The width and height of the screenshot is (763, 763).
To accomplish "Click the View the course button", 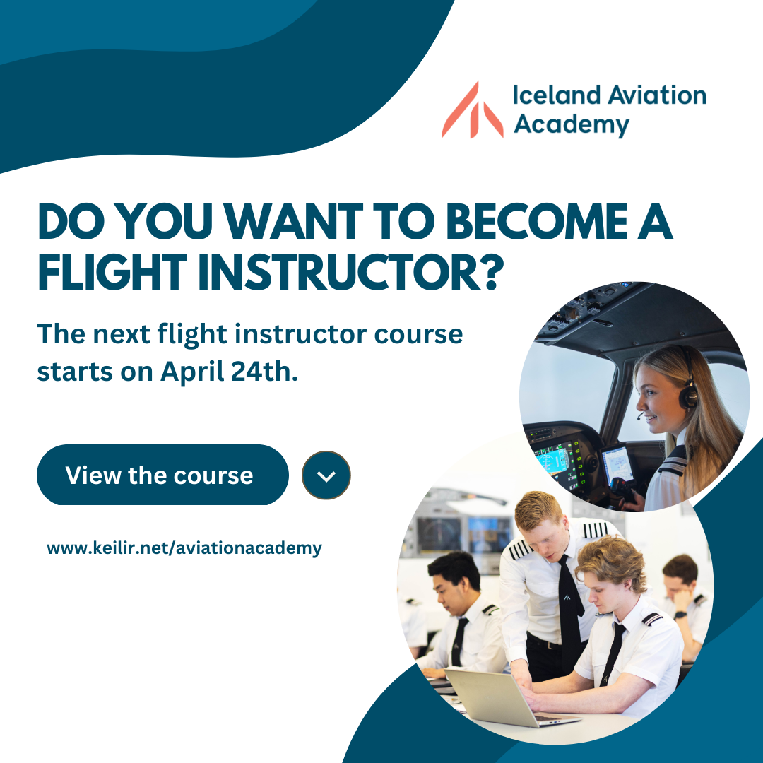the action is pyautogui.click(x=162, y=475).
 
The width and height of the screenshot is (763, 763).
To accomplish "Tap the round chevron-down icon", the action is pyautogui.click(x=326, y=475).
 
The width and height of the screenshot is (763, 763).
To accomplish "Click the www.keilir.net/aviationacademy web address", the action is pyautogui.click(x=184, y=548).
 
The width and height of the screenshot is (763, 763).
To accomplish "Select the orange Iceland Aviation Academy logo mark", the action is pyautogui.click(x=472, y=110).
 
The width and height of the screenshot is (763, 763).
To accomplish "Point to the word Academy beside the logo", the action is pyautogui.click(x=572, y=124).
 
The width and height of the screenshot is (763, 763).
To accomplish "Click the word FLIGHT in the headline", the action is pyautogui.click(x=112, y=272).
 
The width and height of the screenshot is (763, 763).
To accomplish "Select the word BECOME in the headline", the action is pyautogui.click(x=537, y=222).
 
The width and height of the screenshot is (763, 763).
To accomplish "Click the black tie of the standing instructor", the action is pyautogui.click(x=571, y=608).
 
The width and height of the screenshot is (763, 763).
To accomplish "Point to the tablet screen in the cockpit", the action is pyautogui.click(x=617, y=463).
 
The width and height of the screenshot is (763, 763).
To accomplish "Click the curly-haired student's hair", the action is pyautogui.click(x=612, y=562).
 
